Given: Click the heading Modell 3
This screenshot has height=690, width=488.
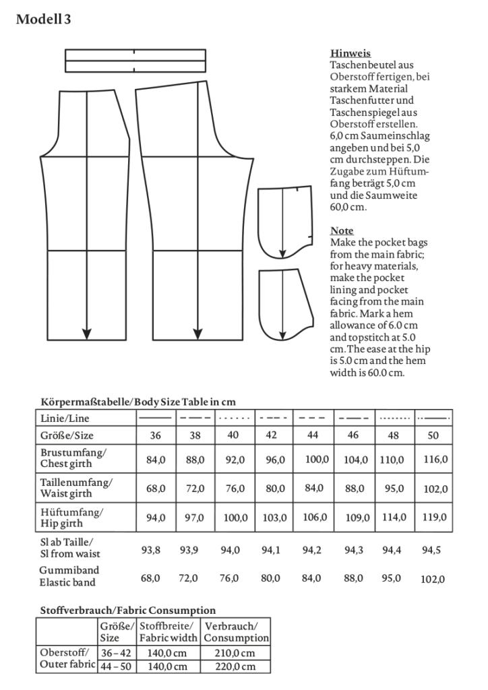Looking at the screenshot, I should (44, 20).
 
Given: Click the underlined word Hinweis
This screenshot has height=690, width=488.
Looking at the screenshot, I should (350, 53).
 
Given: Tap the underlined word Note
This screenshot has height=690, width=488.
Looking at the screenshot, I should (342, 230).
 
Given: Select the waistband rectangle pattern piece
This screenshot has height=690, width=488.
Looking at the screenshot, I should (135, 60).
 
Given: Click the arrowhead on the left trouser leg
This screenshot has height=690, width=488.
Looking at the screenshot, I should (86, 333).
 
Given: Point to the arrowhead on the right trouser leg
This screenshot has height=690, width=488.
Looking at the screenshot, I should (198, 333).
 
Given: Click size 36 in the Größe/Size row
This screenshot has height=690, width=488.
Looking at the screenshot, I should (156, 435).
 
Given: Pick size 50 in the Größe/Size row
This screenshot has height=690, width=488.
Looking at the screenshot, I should (433, 435).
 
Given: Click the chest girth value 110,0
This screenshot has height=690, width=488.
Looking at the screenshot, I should (395, 460).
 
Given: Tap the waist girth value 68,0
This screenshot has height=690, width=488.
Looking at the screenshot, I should (156, 489).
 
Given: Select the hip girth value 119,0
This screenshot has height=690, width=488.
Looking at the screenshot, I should (433, 518).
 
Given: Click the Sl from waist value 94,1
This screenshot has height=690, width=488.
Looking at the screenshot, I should (273, 550).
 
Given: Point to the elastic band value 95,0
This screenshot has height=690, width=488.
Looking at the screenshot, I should (394, 578).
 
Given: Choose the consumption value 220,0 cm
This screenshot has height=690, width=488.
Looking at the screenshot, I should (237, 666).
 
